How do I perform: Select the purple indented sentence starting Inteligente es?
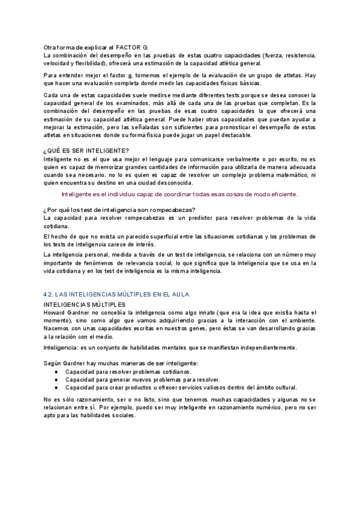click(179, 194)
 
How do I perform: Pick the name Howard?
click(55, 313)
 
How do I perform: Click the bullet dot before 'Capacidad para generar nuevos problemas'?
click(56, 380)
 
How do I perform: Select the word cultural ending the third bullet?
click(269, 388)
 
